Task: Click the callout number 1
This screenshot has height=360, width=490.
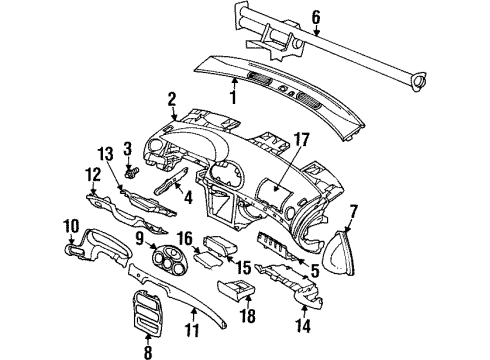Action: [233, 98]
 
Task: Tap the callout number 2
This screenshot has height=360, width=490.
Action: [171, 98]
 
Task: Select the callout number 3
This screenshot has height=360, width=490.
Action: [128, 149]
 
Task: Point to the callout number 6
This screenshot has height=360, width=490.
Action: [316, 16]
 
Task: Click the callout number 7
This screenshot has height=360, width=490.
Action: [353, 211]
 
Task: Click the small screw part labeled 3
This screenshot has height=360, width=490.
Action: [128, 166]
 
